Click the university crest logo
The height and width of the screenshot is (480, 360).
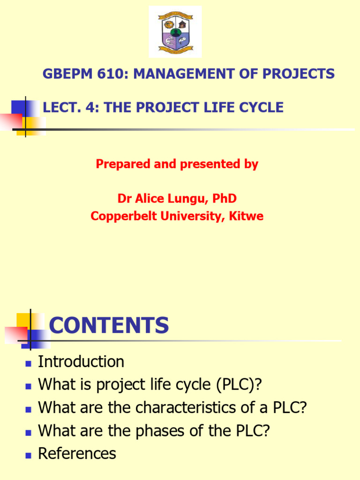pos(175,31)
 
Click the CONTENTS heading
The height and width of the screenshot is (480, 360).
pos(109,325)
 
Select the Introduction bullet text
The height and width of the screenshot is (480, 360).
pos(81,362)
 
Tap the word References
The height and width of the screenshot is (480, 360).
pos(77,454)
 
